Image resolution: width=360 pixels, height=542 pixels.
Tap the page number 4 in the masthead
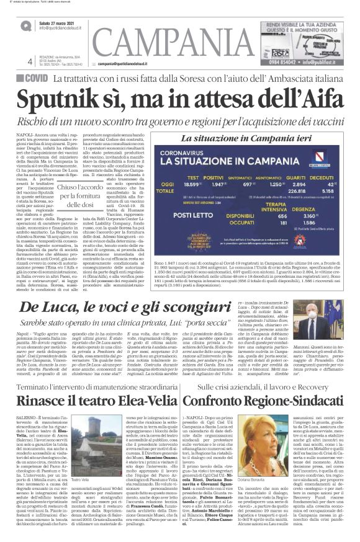[30, 61]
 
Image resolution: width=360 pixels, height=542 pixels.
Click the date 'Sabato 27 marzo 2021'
[60, 23]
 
